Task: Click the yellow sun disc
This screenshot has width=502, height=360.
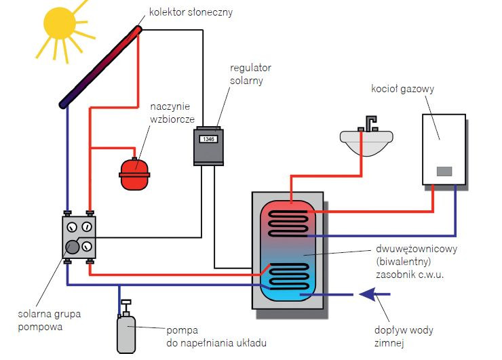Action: tap(60, 22)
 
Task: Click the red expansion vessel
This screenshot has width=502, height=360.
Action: tap(134, 174)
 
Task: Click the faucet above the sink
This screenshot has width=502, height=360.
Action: tap(370, 124)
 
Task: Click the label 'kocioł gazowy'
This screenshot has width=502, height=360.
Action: tap(402, 88)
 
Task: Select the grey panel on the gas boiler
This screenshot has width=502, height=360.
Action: tap(444, 171)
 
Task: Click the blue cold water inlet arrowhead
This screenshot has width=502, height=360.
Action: tap(368, 294)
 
